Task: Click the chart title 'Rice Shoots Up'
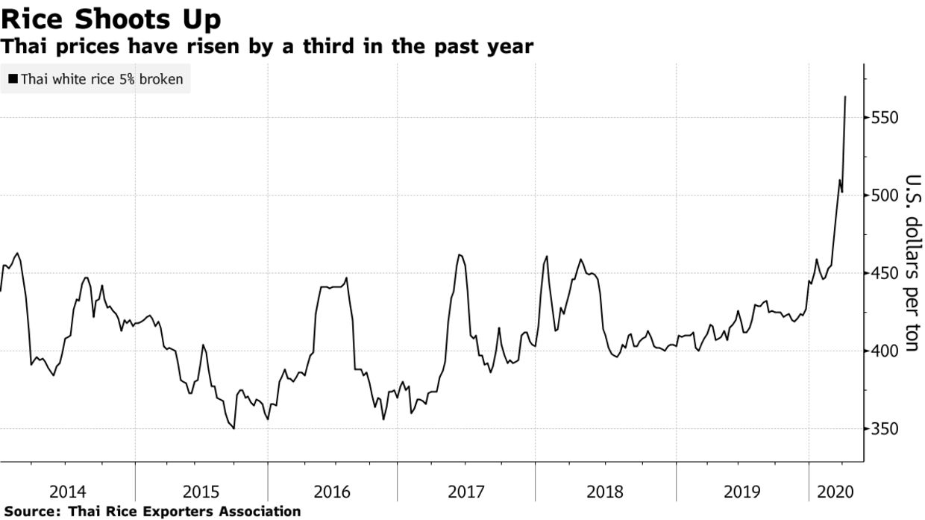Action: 110,18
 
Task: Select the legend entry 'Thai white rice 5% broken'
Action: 101,78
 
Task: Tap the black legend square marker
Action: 13,78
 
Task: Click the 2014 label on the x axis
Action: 67,492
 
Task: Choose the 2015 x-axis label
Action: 201,492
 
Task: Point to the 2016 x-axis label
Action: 333,492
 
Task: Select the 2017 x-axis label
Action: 466,492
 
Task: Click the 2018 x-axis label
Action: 605,492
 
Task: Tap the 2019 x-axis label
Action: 742,492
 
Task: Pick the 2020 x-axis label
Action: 836,492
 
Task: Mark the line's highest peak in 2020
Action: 845,96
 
